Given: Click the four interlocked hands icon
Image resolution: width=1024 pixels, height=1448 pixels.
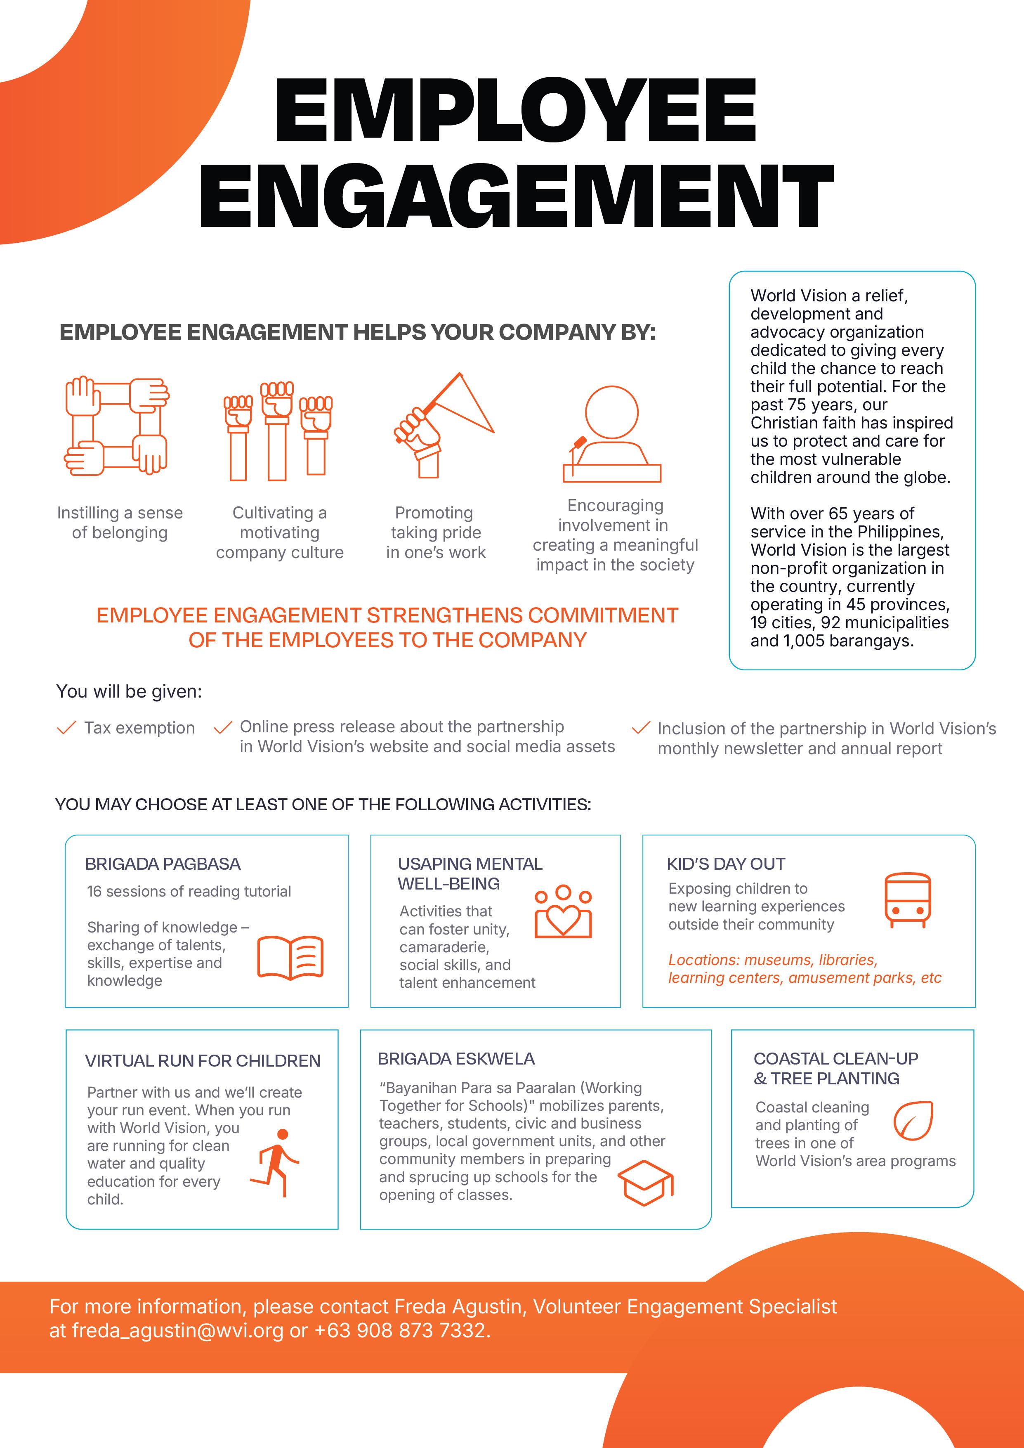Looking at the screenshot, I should coord(117,426).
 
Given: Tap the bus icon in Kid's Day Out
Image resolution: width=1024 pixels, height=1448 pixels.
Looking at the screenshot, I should coord(907,900).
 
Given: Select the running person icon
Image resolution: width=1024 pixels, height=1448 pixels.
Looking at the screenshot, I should coord(276,1162).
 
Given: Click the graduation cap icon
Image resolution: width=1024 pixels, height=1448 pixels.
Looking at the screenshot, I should coord(645,1183).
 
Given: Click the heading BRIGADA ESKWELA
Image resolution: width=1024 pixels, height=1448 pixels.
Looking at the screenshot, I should coord(456,1058).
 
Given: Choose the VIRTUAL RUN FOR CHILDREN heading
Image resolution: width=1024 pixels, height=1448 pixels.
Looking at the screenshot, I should coord(203,1061).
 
